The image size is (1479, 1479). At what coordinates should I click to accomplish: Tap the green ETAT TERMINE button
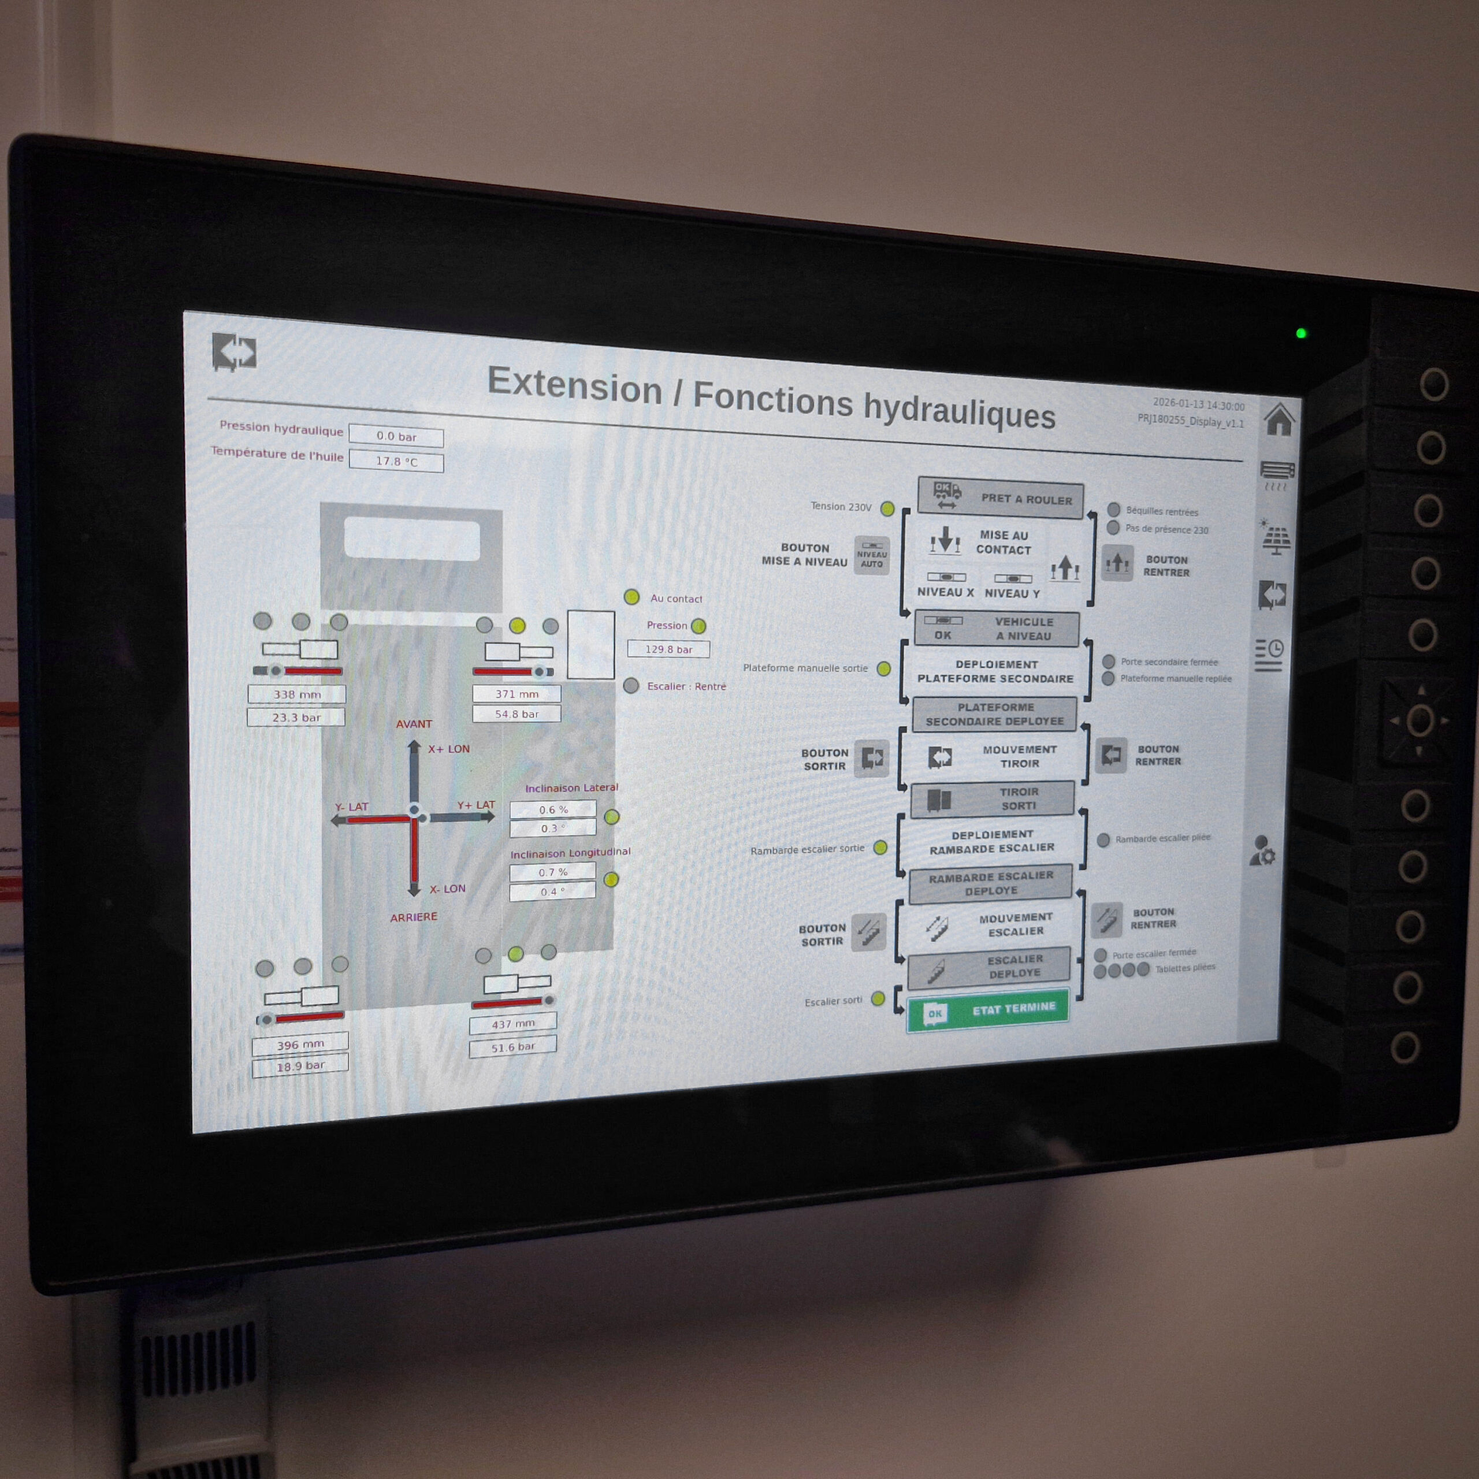click(987, 1011)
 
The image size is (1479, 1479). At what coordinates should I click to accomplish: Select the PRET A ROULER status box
click(1001, 497)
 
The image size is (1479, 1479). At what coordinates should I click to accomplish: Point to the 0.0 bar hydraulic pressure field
click(396, 436)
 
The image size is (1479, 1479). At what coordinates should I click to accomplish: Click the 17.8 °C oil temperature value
click(396, 462)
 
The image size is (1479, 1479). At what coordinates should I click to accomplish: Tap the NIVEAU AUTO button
click(872, 555)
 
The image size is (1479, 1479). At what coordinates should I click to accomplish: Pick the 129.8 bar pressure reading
click(668, 649)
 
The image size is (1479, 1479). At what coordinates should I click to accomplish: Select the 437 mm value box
click(513, 1024)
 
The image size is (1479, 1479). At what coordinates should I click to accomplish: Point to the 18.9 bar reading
click(300, 1065)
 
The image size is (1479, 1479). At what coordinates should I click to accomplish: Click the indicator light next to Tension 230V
click(887, 508)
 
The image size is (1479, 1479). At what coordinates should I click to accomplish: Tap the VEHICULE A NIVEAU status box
click(997, 629)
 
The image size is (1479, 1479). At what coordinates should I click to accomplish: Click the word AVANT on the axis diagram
click(414, 723)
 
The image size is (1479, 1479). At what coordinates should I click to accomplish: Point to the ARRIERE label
click(414, 916)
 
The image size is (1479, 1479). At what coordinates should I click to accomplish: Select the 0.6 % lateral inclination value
click(553, 809)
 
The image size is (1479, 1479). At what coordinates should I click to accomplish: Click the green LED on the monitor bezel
click(1300, 333)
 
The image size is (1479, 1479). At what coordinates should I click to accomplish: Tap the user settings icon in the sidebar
click(1262, 850)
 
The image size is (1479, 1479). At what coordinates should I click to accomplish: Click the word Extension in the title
click(574, 384)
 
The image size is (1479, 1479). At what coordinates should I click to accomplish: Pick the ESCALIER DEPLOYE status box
click(989, 968)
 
